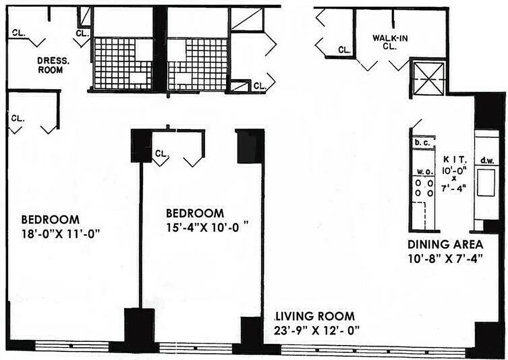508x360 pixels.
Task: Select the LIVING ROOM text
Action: click(x=316, y=316)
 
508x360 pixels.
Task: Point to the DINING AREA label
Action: click(x=445, y=245)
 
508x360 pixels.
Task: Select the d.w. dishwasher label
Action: click(x=487, y=160)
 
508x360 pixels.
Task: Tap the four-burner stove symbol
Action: click(x=423, y=189)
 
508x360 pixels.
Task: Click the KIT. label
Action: click(x=455, y=159)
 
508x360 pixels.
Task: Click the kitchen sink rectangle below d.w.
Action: click(x=486, y=182)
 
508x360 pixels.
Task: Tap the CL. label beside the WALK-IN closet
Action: click(x=344, y=50)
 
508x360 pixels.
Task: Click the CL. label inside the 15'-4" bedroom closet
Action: click(x=161, y=153)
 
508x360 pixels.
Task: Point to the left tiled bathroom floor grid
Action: click(x=122, y=63)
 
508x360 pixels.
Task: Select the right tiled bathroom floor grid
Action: click(x=197, y=63)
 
